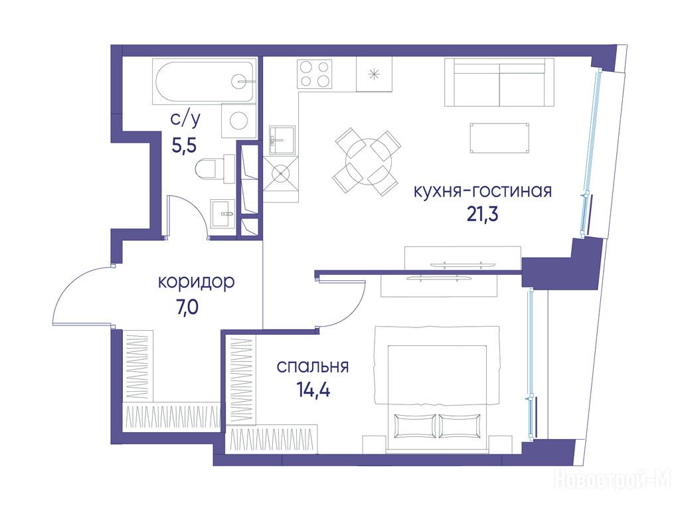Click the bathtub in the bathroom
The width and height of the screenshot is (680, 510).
pos(204,82)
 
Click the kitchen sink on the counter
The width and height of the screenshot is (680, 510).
pos(282,140)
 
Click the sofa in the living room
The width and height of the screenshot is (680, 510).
pos(499,82)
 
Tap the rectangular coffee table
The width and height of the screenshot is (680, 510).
pos(499,138)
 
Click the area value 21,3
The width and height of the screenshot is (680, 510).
pos(482,214)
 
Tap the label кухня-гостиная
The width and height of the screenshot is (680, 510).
pos(483,191)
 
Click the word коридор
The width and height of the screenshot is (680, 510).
pos(196,282)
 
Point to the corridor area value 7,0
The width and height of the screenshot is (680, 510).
pos(187,307)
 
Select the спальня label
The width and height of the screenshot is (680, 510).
pos(312,367)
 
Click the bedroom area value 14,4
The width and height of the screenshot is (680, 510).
pos(313,390)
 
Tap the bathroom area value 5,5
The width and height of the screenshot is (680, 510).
pos(185,145)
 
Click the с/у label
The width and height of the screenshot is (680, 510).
pos(186,120)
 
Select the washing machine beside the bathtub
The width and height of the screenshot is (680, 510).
pos(238,121)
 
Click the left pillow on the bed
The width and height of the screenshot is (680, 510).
pos(415,426)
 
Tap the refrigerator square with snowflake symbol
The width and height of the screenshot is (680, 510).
pos(374,74)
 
